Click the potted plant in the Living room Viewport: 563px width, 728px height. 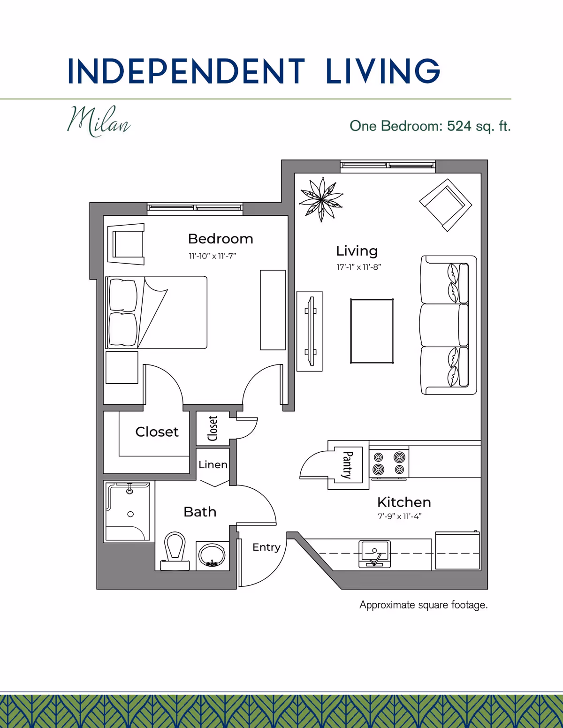click(x=321, y=200)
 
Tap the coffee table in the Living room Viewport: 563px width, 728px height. click(x=372, y=331)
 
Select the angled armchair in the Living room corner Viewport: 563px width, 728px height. click(x=445, y=205)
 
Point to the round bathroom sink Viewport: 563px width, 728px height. click(x=212, y=555)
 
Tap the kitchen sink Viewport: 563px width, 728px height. click(x=374, y=554)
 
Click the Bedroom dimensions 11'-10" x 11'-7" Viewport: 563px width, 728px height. click(x=213, y=256)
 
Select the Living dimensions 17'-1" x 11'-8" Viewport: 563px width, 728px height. click(x=359, y=267)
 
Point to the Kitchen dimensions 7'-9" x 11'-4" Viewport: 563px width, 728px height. click(x=399, y=516)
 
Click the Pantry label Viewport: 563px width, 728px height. click(x=347, y=465)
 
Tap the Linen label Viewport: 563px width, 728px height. click(x=213, y=465)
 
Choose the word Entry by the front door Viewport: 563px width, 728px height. click(x=266, y=547)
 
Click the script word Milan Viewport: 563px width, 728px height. click(x=99, y=121)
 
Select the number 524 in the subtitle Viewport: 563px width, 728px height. click(x=459, y=126)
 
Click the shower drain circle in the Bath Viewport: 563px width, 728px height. click(x=130, y=514)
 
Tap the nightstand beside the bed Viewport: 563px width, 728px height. click(x=122, y=367)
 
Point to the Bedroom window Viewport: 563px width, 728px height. click(x=195, y=208)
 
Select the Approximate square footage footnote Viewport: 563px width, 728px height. click(x=424, y=605)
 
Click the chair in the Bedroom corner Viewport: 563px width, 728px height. click(x=126, y=244)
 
